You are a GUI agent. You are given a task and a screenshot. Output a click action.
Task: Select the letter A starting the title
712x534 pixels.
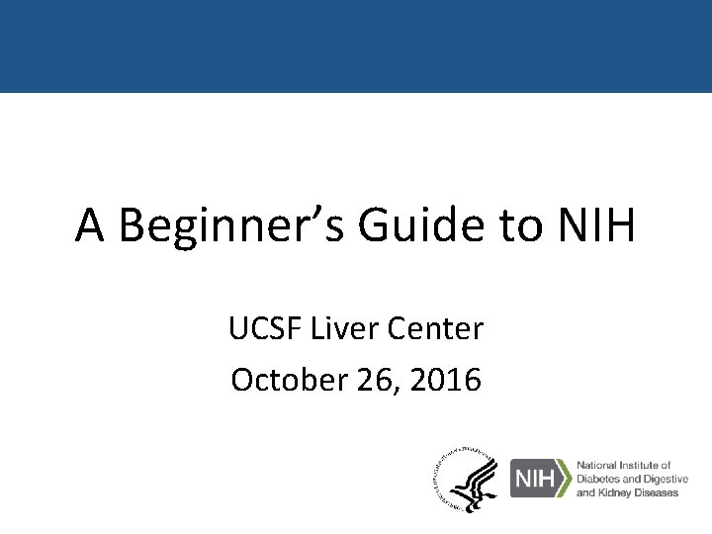point(91,226)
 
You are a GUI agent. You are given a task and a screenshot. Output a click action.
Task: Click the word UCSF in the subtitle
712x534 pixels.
point(261,329)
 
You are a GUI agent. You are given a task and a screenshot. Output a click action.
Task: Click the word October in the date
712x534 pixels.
point(278,379)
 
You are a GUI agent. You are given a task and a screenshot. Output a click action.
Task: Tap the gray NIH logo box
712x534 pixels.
point(531,478)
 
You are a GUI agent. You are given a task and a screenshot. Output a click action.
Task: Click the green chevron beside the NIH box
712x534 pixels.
point(563,478)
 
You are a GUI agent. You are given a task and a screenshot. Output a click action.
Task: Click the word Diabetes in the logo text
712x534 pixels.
point(599,479)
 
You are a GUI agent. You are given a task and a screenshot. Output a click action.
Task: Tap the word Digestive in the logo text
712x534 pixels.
point(667,479)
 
